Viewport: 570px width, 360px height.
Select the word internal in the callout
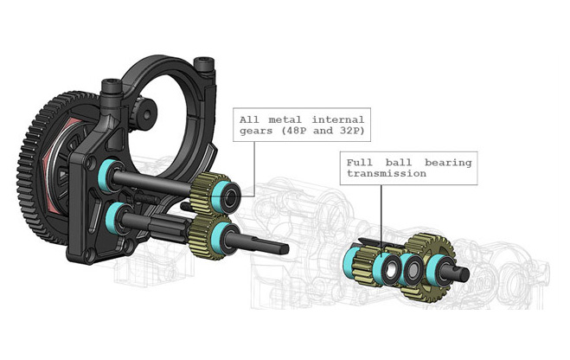click(337, 119)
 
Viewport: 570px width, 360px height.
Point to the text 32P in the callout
click(352, 131)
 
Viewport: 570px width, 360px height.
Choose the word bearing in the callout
click(448, 163)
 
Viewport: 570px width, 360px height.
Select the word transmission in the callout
click(387, 173)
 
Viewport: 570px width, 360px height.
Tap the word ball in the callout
click(399, 163)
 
